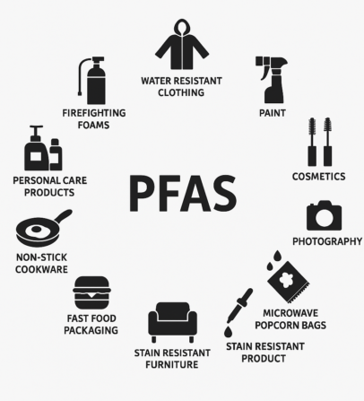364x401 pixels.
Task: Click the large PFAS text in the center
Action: [183, 193]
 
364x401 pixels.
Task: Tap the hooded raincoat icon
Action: [182, 44]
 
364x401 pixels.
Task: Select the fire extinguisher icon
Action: [92, 81]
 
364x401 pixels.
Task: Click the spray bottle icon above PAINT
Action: [272, 80]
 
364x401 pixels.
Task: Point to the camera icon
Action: [324, 215]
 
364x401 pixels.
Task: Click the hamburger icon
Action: [91, 292]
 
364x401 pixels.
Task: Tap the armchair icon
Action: [172, 322]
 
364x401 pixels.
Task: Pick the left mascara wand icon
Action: [312, 142]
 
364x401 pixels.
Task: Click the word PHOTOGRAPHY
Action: [327, 241]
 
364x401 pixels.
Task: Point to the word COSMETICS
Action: [318, 177]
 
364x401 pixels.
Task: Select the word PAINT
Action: [273, 113]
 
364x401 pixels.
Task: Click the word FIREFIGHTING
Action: [94, 113]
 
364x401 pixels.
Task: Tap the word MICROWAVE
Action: [290, 313]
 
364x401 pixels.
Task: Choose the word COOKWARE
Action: [41, 269]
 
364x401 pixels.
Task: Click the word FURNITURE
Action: [172, 364]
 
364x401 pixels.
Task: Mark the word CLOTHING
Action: [181, 92]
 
